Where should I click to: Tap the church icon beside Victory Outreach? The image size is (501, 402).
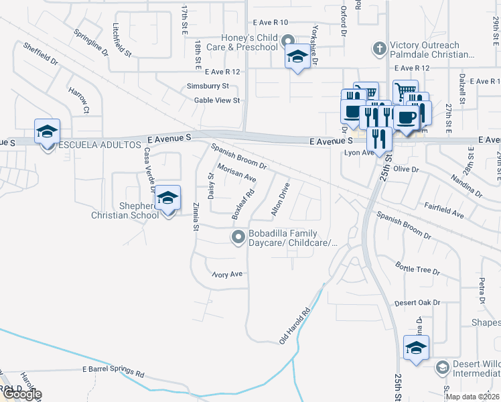coord(379,48)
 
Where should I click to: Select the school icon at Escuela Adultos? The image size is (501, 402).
coord(48,132)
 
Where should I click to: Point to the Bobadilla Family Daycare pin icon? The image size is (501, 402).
coord(238,237)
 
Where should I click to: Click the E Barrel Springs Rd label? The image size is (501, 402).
coord(113,371)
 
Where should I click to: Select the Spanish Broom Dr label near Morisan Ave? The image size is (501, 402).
coord(239,156)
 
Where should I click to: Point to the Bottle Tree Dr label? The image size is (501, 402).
coord(417,269)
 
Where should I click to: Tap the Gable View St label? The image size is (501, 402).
coord(216,100)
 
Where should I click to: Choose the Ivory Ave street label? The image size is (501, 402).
coord(227,275)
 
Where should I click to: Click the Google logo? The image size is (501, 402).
coord(21,395)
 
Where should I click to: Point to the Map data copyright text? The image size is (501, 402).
coord(472,397)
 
